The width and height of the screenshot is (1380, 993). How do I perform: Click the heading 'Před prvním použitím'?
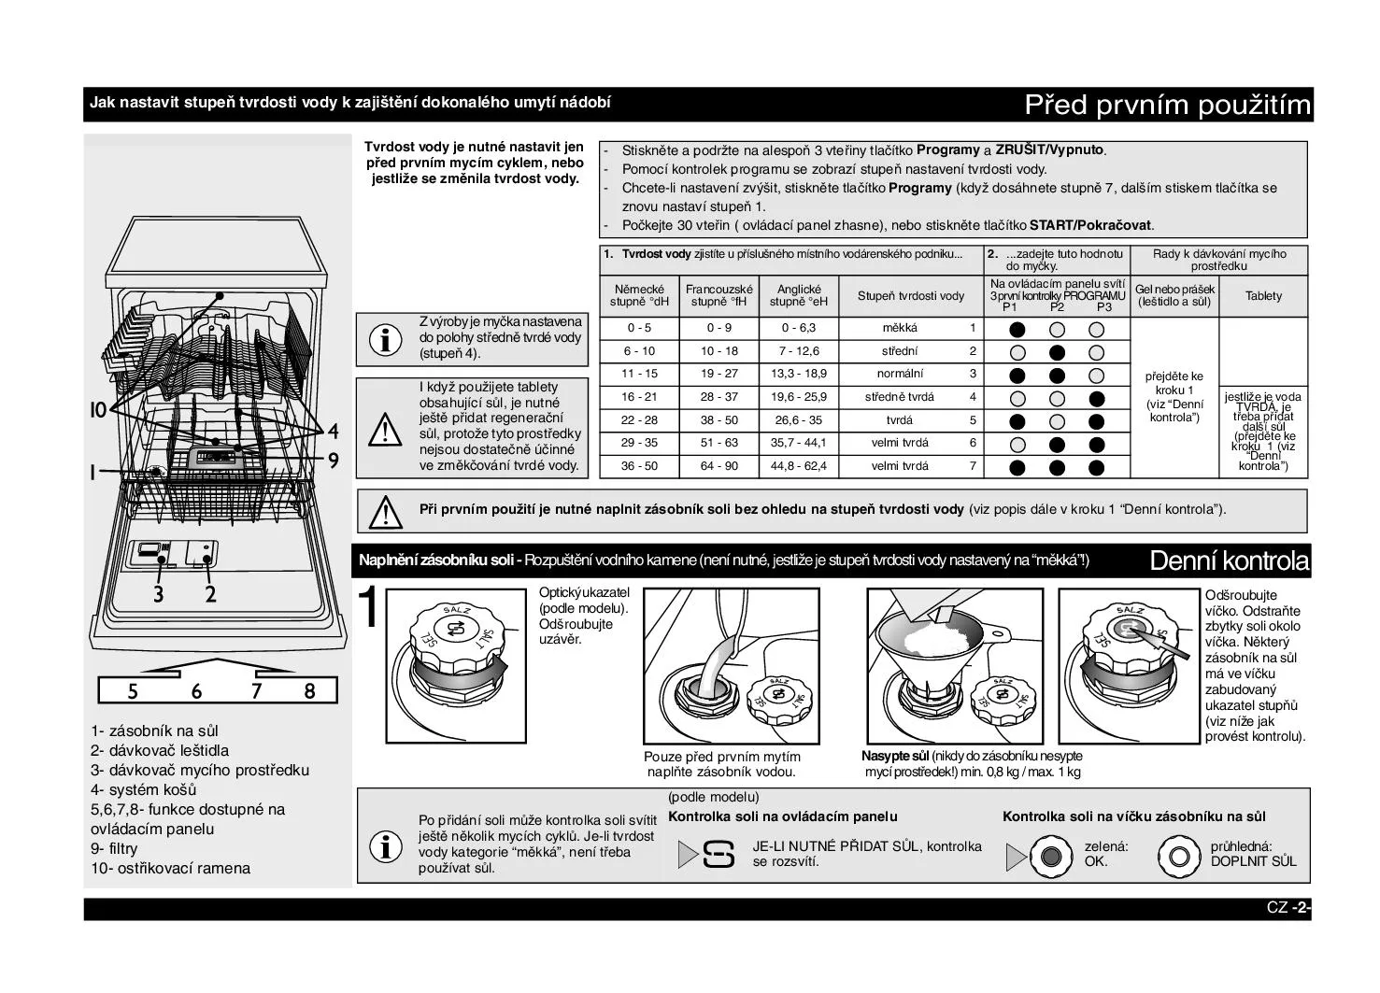[x=1167, y=105]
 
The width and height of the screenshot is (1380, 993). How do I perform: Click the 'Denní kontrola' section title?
[x=1229, y=561]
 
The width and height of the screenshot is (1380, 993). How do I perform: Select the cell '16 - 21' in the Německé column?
[x=639, y=397]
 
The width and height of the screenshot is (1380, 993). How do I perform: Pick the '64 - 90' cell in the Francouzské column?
[x=718, y=466]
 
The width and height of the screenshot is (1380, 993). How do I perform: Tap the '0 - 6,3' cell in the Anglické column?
[x=798, y=328]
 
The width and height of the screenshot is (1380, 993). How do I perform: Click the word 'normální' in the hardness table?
[x=900, y=374]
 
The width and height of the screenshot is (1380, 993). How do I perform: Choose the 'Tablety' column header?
[x=1263, y=296]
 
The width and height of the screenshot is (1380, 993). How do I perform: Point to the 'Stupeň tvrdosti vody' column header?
[x=911, y=296]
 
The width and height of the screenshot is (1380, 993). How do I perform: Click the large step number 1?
[x=370, y=608]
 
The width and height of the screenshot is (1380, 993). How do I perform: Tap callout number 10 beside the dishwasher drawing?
[x=99, y=411]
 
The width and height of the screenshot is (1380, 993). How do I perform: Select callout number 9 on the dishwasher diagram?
[x=333, y=460]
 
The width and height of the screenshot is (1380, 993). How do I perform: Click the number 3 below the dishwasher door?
[x=159, y=594]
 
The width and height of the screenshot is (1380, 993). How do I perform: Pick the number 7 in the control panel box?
[x=256, y=691]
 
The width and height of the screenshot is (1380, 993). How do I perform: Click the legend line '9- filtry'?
[x=114, y=848]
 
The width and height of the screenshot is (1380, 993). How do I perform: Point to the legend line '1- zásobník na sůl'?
[x=154, y=731]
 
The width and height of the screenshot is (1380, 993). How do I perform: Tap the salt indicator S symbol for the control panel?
[x=718, y=854]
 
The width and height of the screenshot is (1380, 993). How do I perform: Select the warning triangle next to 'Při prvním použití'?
[x=383, y=510]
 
